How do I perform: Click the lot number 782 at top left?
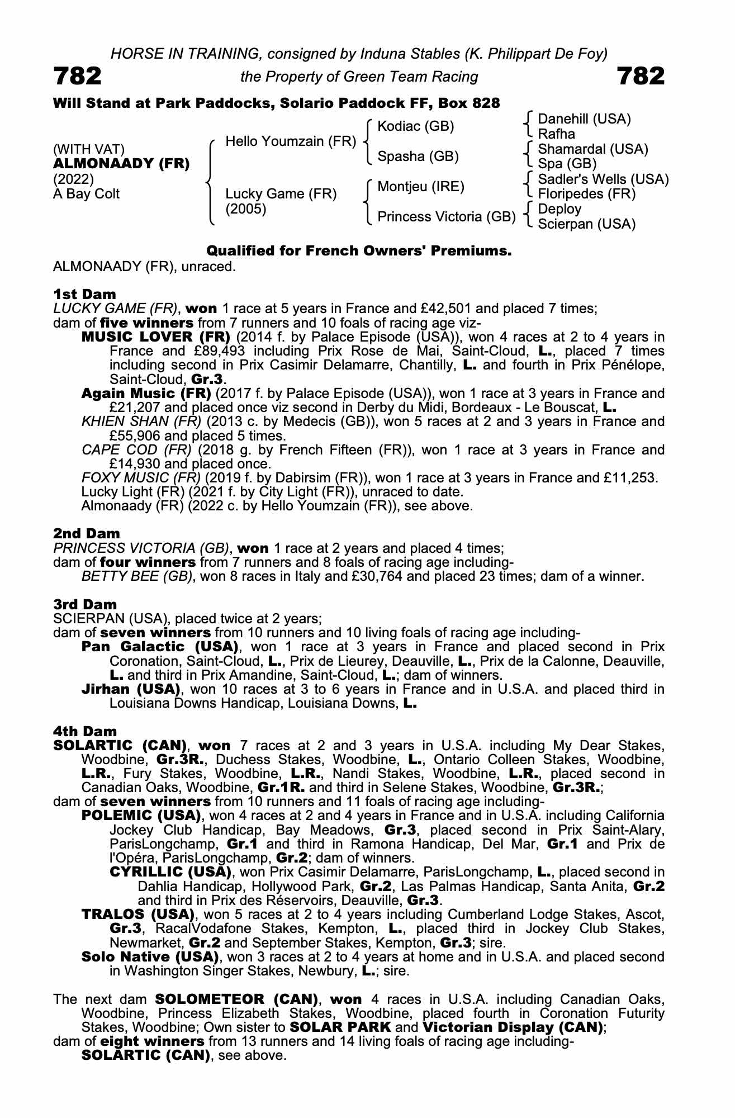pos(77,76)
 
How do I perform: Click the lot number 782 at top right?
pos(641,76)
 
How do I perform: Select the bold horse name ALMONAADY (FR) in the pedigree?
pos(121,164)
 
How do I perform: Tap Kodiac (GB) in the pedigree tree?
pos(416,126)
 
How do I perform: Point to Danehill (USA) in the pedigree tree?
pos(584,119)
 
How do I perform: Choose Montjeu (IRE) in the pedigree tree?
pos(421,186)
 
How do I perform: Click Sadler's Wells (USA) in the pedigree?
pos(603,179)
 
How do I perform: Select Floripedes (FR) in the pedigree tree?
pos(586,194)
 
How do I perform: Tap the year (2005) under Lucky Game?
pos(246,209)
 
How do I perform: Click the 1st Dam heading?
pos(84,294)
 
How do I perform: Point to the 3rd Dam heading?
pos(85,604)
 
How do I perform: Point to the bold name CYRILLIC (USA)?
pos(170,872)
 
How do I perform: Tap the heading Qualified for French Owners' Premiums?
pos(359,251)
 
